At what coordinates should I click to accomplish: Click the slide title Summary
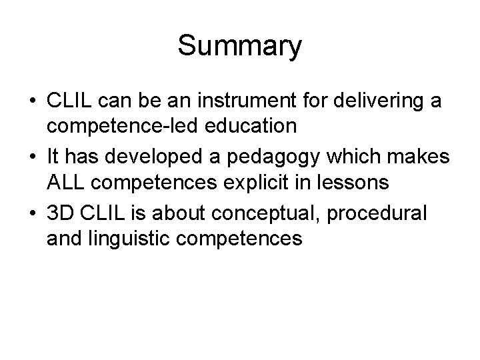tap(240, 46)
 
